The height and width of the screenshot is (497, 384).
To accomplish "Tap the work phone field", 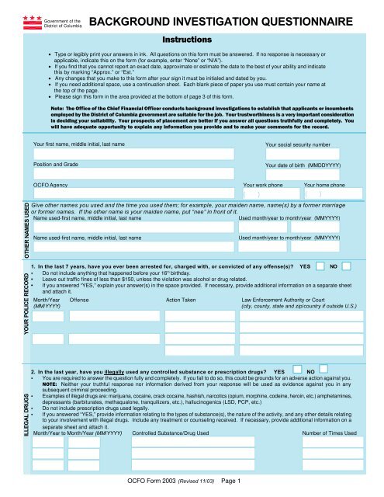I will coord(271,195).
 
